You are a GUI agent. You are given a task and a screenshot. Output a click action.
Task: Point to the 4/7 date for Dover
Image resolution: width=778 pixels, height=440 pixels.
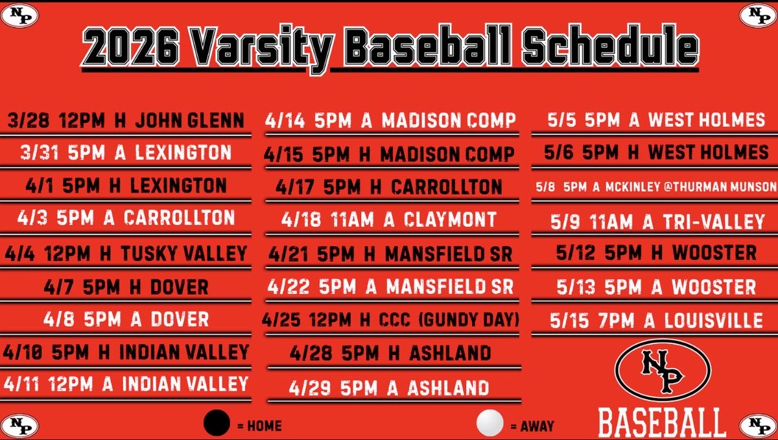60,286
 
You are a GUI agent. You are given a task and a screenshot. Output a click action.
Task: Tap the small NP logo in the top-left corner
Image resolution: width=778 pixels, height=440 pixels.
19,16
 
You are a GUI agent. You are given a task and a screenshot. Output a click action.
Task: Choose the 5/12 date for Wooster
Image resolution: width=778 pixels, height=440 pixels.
574,253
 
